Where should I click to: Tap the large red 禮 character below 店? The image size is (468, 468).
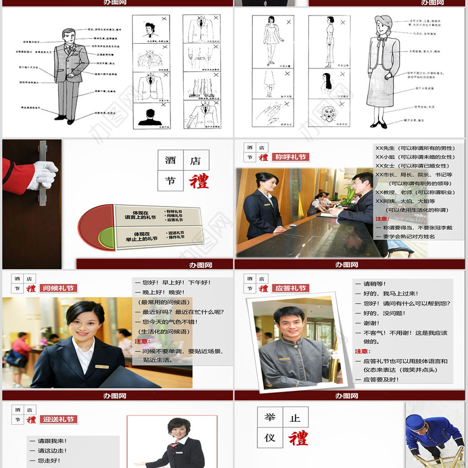tap(198, 181)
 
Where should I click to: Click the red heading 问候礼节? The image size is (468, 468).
tap(58, 288)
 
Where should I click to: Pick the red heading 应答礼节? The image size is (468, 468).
tap(291, 288)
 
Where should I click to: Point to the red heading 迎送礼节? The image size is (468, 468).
tap(58, 419)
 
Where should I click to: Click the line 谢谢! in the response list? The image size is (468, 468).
tap(371, 323)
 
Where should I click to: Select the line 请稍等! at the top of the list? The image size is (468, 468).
tap(375, 284)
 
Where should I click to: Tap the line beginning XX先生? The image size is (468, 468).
tap(415, 148)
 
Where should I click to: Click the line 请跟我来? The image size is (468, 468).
tap(53, 441)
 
